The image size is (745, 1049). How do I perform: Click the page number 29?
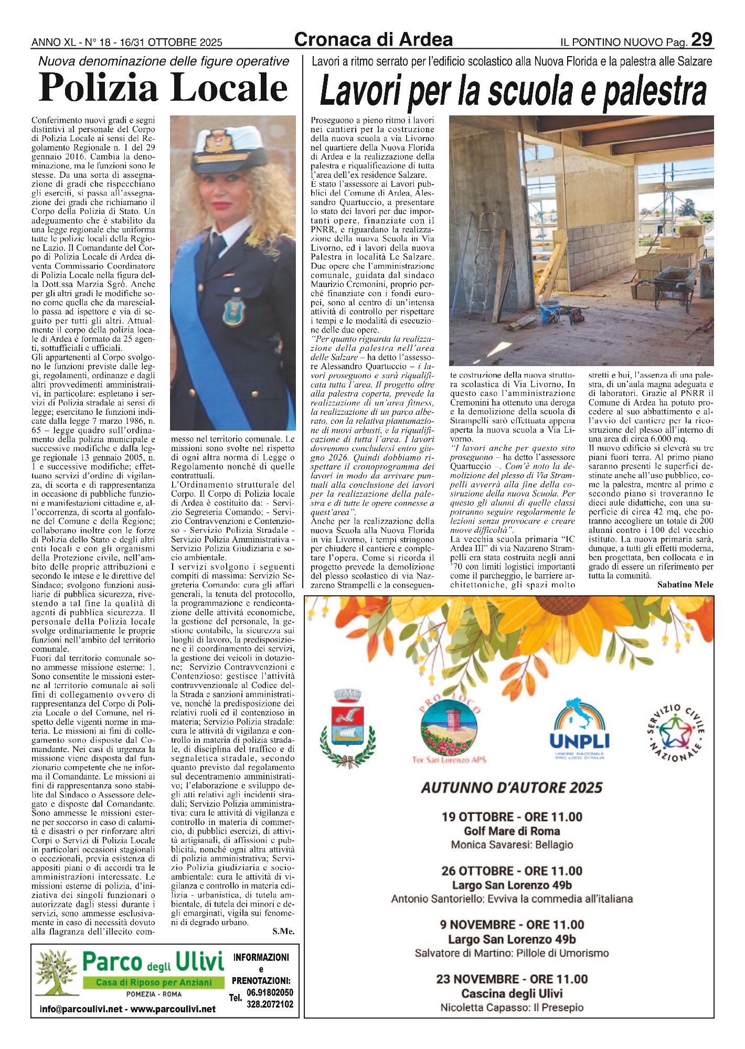click(x=701, y=39)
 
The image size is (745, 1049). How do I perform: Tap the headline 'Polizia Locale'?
click(x=163, y=88)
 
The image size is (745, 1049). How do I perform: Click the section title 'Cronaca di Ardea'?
click(x=374, y=39)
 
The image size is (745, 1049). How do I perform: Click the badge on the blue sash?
click(x=231, y=312)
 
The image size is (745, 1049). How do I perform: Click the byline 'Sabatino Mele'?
click(x=685, y=585)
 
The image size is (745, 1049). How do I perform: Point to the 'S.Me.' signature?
click(x=283, y=932)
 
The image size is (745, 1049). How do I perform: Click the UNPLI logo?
click(x=579, y=729)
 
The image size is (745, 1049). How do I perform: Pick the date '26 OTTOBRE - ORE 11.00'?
click(x=512, y=871)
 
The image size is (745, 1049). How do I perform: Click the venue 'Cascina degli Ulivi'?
click(x=512, y=993)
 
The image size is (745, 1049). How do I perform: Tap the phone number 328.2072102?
click(x=270, y=1004)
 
